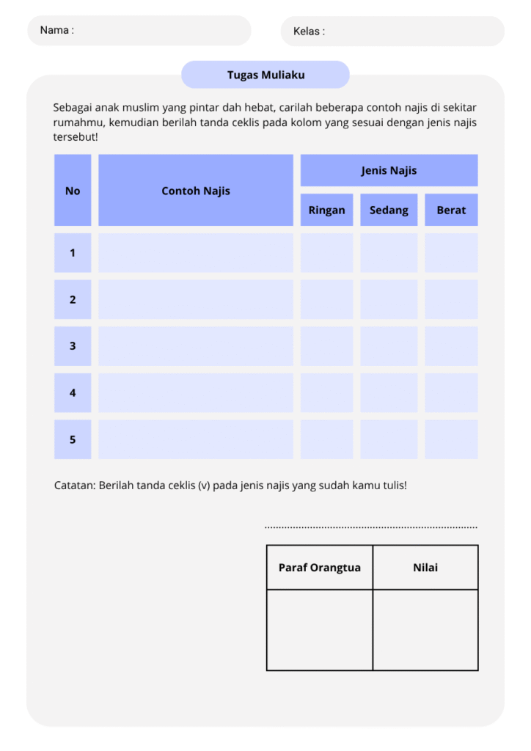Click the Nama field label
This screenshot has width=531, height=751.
[56, 30]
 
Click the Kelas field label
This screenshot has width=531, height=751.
[309, 32]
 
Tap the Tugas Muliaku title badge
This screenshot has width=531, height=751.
[265, 75]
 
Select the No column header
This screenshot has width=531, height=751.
[73, 191]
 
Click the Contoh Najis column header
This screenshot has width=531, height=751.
[196, 191]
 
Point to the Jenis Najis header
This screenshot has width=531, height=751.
[389, 170]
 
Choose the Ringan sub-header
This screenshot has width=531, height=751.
[326, 210]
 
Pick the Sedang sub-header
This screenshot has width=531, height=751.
[389, 210]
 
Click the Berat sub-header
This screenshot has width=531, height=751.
[451, 210]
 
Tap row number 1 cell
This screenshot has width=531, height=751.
[73, 253]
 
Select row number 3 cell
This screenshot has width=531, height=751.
[73, 346]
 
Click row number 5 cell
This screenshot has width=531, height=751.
[73, 439]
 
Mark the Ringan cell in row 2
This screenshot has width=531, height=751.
[326, 299]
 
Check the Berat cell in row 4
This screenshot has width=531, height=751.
[451, 392]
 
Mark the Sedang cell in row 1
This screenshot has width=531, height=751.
[389, 253]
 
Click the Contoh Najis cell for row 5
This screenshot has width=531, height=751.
[196, 439]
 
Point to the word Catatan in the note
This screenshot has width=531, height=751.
[75, 486]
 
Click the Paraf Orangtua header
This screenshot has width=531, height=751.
[320, 568]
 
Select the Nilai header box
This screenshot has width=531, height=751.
[425, 568]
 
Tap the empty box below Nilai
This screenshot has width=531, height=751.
[425, 630]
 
